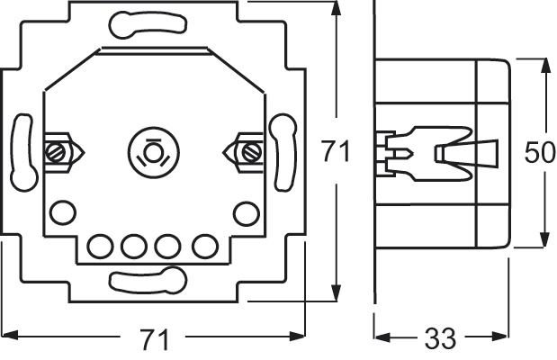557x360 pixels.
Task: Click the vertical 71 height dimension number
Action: click(336, 152)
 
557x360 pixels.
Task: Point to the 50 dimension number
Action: click(539, 152)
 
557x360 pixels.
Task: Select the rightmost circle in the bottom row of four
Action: click(204, 244)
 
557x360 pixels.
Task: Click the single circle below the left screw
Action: click(61, 212)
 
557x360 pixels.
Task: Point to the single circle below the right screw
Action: click(243, 212)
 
